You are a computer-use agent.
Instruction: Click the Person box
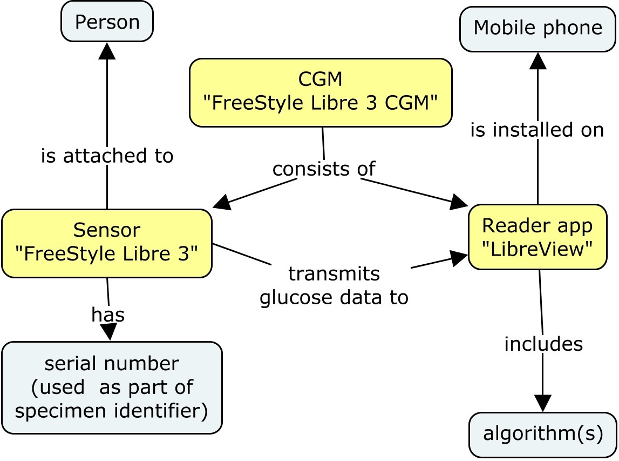(x=107, y=22)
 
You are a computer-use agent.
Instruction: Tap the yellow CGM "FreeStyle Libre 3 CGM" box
(x=321, y=92)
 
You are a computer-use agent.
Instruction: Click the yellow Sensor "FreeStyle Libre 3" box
(x=107, y=243)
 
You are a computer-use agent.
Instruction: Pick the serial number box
(x=112, y=387)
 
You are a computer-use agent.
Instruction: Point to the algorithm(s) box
(x=542, y=435)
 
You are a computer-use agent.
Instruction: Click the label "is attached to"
(x=107, y=156)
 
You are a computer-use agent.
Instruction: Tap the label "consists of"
(x=323, y=169)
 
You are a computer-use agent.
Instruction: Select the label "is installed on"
(x=537, y=130)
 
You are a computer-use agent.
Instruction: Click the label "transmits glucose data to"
(x=334, y=286)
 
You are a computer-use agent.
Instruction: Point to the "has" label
(x=108, y=315)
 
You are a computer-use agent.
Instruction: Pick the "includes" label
(x=543, y=344)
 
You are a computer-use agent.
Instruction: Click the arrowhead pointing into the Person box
(x=107, y=50)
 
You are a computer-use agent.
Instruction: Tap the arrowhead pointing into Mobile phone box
(x=538, y=61)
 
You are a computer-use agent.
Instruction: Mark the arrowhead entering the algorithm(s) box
(x=542, y=403)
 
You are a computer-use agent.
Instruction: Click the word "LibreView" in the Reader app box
(x=538, y=249)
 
